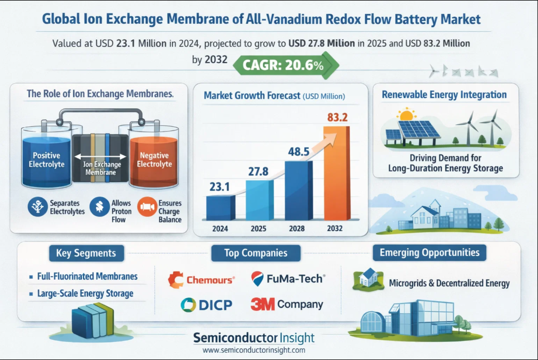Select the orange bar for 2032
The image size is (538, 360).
tap(337, 176)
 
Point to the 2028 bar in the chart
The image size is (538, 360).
tap(299, 191)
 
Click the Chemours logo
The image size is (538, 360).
tap(201, 279)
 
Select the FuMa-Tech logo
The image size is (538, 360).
tap(288, 279)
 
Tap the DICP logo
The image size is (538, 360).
tap(206, 305)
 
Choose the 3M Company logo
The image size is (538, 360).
tap(287, 304)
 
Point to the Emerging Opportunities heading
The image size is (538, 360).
tap(429, 253)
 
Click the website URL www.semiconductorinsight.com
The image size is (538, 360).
tap(253, 350)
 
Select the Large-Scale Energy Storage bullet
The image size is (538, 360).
tap(85, 293)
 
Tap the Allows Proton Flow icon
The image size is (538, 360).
tap(98, 207)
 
